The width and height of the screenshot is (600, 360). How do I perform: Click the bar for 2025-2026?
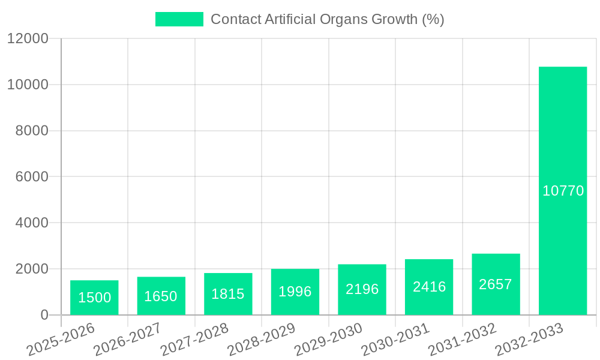[94, 298]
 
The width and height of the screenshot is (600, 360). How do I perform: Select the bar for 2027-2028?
[228, 294]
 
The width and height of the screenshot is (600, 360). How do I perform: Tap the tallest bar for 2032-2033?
[563, 191]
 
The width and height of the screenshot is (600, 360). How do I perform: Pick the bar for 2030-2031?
[429, 287]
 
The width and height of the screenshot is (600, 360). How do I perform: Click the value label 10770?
[563, 191]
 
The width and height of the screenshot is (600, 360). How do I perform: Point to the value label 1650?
[161, 296]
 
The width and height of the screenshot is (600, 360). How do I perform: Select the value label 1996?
[295, 292]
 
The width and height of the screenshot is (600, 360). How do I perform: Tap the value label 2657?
[496, 284]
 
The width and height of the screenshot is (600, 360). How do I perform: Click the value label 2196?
[362, 289]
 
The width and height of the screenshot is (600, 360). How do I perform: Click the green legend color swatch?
[179, 19]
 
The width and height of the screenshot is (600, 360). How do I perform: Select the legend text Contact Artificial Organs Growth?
[328, 19]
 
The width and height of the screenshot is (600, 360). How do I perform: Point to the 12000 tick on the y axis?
[28, 38]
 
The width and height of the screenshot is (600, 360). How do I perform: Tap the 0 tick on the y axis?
[44, 315]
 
